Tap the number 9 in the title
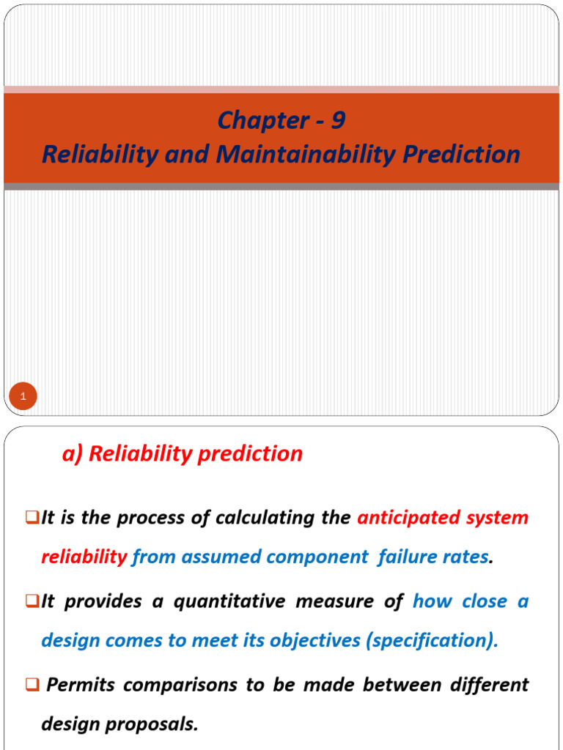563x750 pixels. tap(338, 121)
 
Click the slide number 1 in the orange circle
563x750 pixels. tap(23, 397)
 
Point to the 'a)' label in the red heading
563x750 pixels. tap(72, 454)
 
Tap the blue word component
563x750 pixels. tap(317, 557)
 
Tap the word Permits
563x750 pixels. tap(81, 685)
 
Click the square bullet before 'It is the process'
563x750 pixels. tap(32, 518)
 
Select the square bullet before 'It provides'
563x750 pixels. tap(32, 601)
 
